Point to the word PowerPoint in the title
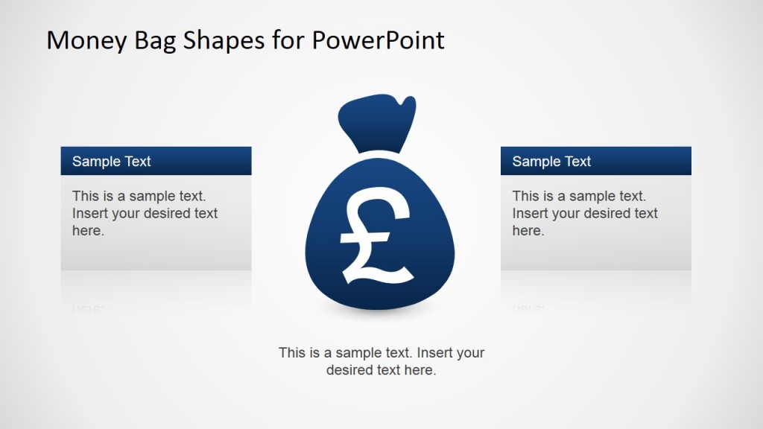click(378, 40)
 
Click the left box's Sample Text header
click(112, 162)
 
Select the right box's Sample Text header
click(551, 162)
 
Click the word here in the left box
click(87, 231)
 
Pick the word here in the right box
click(528, 231)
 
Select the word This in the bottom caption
click(292, 352)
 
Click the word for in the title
click(284, 40)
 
